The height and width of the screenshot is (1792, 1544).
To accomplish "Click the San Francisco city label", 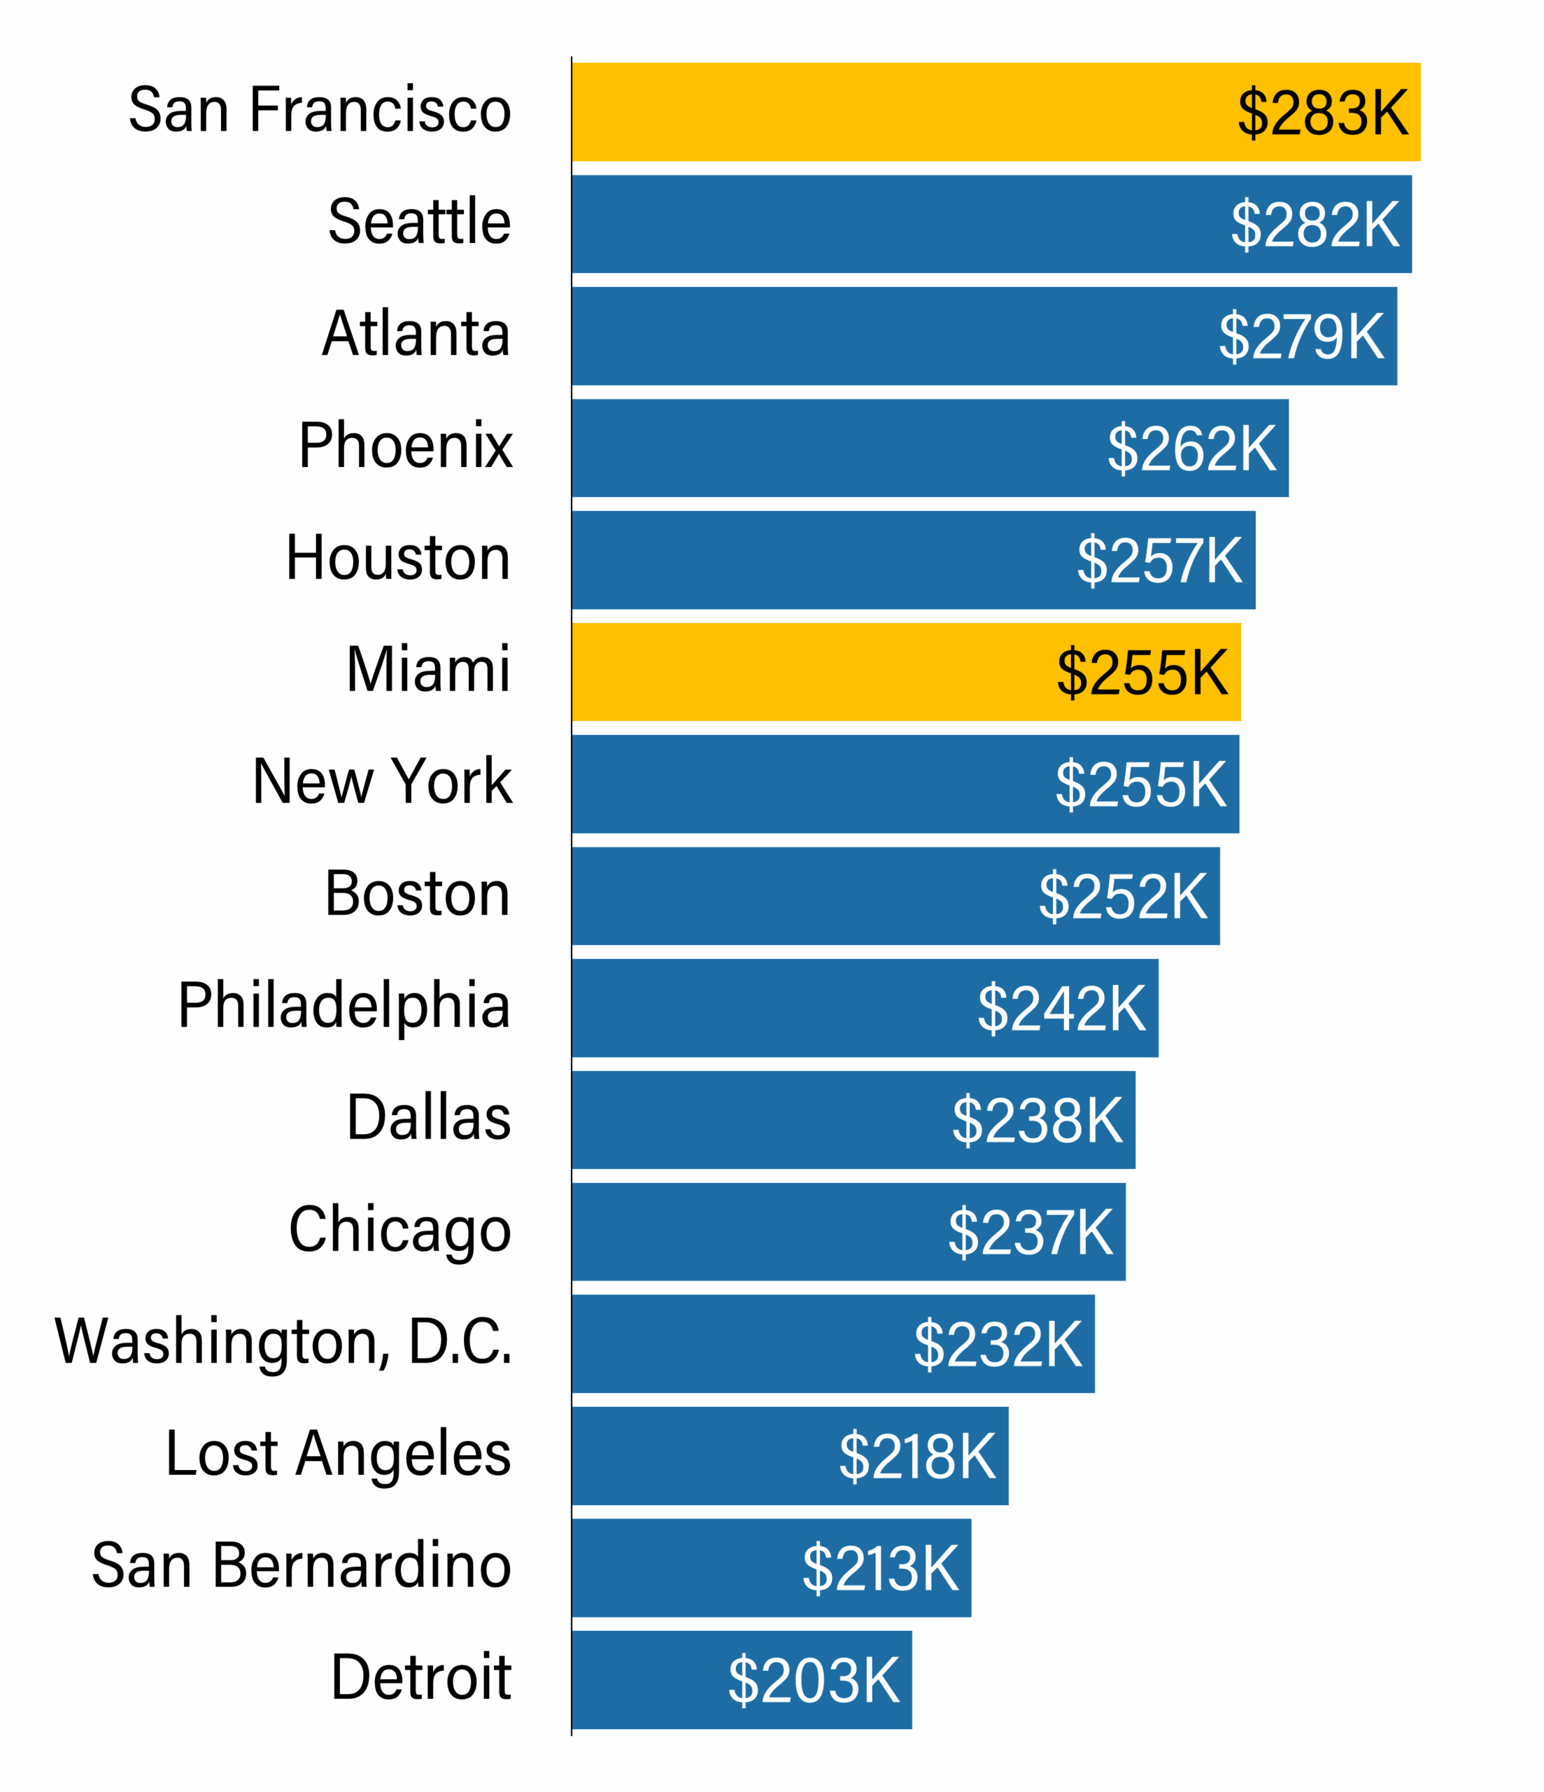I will click(x=320, y=111).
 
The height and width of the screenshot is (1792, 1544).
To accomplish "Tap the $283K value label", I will click(x=1323, y=113).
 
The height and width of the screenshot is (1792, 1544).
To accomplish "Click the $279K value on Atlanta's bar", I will click(x=1301, y=337).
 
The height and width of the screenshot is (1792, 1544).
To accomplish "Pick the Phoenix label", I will click(x=406, y=447).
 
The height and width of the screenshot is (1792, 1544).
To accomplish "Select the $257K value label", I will click(x=1159, y=561).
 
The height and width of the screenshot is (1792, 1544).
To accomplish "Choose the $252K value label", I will click(x=1122, y=896).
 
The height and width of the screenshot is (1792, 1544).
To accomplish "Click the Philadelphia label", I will click(x=344, y=1006).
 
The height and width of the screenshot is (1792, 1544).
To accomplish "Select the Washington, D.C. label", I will click(x=283, y=1343).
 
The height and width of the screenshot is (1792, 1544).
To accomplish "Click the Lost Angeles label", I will click(x=339, y=1455).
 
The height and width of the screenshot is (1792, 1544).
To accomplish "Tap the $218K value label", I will click(x=917, y=1457).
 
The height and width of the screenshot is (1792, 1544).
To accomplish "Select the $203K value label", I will click(x=814, y=1681).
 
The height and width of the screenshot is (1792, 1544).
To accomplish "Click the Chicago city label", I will click(x=400, y=1231).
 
